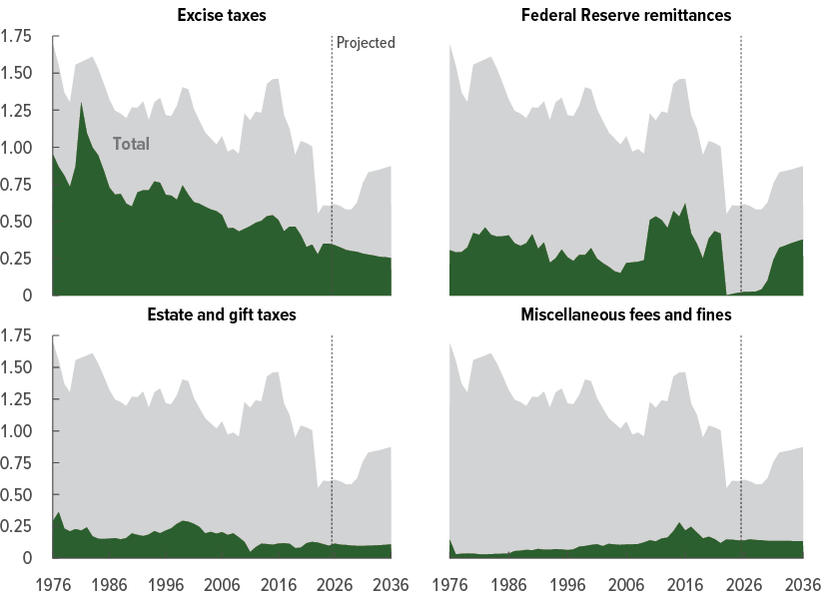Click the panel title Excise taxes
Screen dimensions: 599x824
[x=222, y=16]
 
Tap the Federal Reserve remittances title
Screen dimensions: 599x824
[x=626, y=16]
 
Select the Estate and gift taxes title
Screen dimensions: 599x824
[x=222, y=315]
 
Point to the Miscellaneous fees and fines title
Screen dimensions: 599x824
[x=626, y=315]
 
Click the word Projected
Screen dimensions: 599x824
[x=366, y=43]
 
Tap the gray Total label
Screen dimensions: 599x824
[x=131, y=145]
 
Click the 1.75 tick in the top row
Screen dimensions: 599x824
[x=17, y=37]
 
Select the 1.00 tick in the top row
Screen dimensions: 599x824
[x=17, y=148]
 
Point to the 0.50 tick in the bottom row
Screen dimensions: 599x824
[x=17, y=495]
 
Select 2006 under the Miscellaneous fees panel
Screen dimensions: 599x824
[x=625, y=583]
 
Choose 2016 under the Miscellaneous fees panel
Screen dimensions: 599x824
[x=684, y=583]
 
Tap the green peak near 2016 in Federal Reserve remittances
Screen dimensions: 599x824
[x=685, y=206]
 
